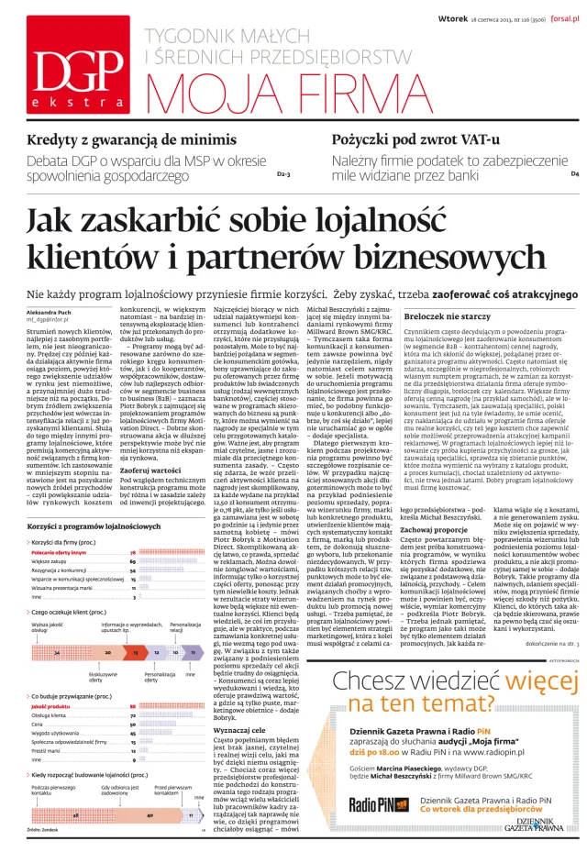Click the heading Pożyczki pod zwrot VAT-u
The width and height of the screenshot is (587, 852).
[x=416, y=140]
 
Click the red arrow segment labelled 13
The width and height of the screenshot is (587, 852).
[x=136, y=625]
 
